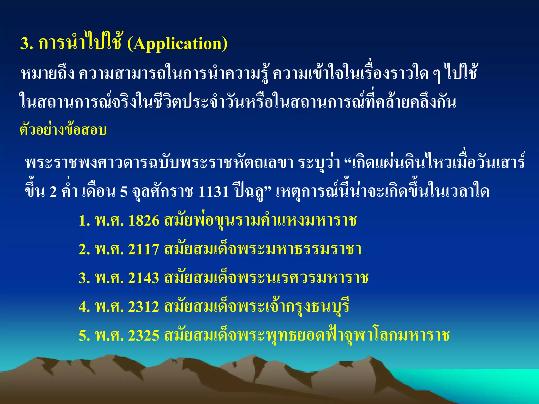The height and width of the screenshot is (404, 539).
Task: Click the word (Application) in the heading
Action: (177, 44)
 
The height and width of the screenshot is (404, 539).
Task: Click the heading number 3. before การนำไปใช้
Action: (27, 44)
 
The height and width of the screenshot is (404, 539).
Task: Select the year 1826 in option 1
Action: (144, 220)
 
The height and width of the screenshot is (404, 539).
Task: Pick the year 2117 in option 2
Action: (144, 249)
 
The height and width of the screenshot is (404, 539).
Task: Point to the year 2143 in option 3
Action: (144, 278)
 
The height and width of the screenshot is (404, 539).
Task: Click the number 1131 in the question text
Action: (213, 191)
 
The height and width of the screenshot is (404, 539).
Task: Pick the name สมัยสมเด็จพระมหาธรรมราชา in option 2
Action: (263, 249)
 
